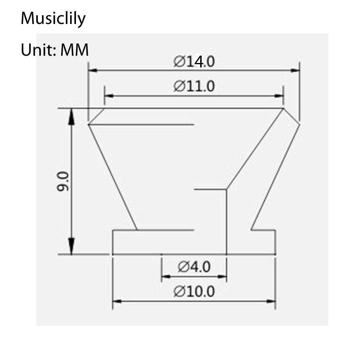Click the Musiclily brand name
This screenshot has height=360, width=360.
(53, 19)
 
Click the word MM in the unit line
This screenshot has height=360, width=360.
(75, 49)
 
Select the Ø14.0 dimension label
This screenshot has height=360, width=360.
(194, 62)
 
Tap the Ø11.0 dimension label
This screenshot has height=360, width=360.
(194, 87)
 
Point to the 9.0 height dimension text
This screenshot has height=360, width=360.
(64, 181)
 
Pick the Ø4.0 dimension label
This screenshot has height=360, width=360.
(194, 266)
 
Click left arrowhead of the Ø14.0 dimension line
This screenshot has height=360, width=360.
(92, 70)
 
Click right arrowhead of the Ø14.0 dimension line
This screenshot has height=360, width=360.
(296, 70)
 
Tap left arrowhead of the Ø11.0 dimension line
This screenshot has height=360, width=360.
(108, 96)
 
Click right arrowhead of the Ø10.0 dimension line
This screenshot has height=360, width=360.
(272, 301)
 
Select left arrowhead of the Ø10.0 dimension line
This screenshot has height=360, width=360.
(116, 301)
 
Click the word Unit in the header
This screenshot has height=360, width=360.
(37, 49)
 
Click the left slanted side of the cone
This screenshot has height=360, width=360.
(112, 177)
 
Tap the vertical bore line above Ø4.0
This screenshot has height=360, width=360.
(226, 222)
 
